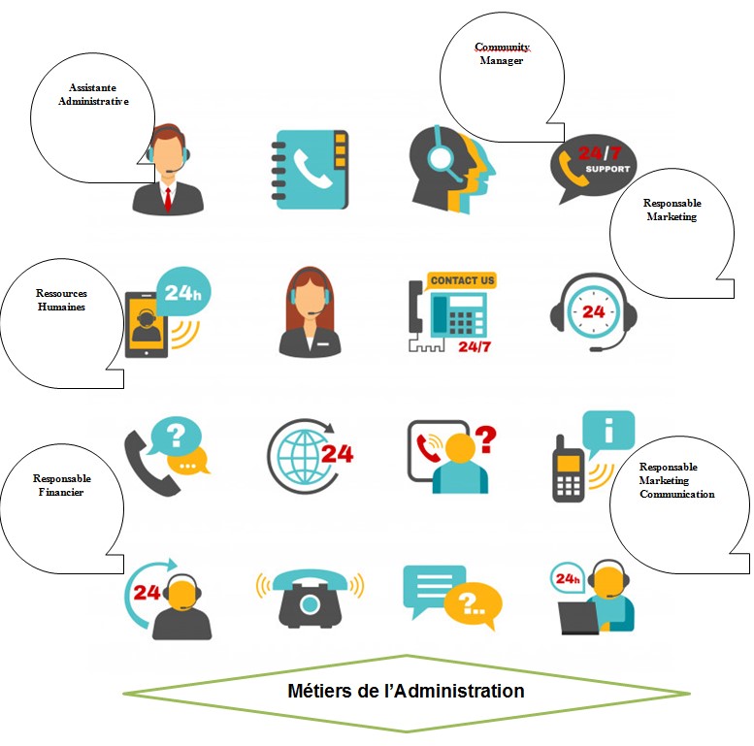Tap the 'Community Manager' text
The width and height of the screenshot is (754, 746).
coord(501,54)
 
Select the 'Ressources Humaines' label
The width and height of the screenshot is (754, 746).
coord(60,300)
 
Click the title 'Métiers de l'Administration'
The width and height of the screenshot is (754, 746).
coord(406,692)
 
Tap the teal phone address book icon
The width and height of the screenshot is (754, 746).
coord(311,169)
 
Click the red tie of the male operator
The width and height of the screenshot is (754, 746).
coord(168,199)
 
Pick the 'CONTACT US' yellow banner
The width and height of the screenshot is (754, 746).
coord(462,280)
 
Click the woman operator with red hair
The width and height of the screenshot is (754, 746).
coord(310,311)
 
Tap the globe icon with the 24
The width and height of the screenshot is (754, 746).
coord(309,453)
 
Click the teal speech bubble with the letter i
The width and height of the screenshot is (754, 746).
coord(608,429)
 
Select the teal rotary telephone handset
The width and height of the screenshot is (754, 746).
coord(310,579)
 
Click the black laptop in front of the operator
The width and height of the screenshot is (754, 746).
coord(580,617)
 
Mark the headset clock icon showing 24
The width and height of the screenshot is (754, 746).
coord(593,312)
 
